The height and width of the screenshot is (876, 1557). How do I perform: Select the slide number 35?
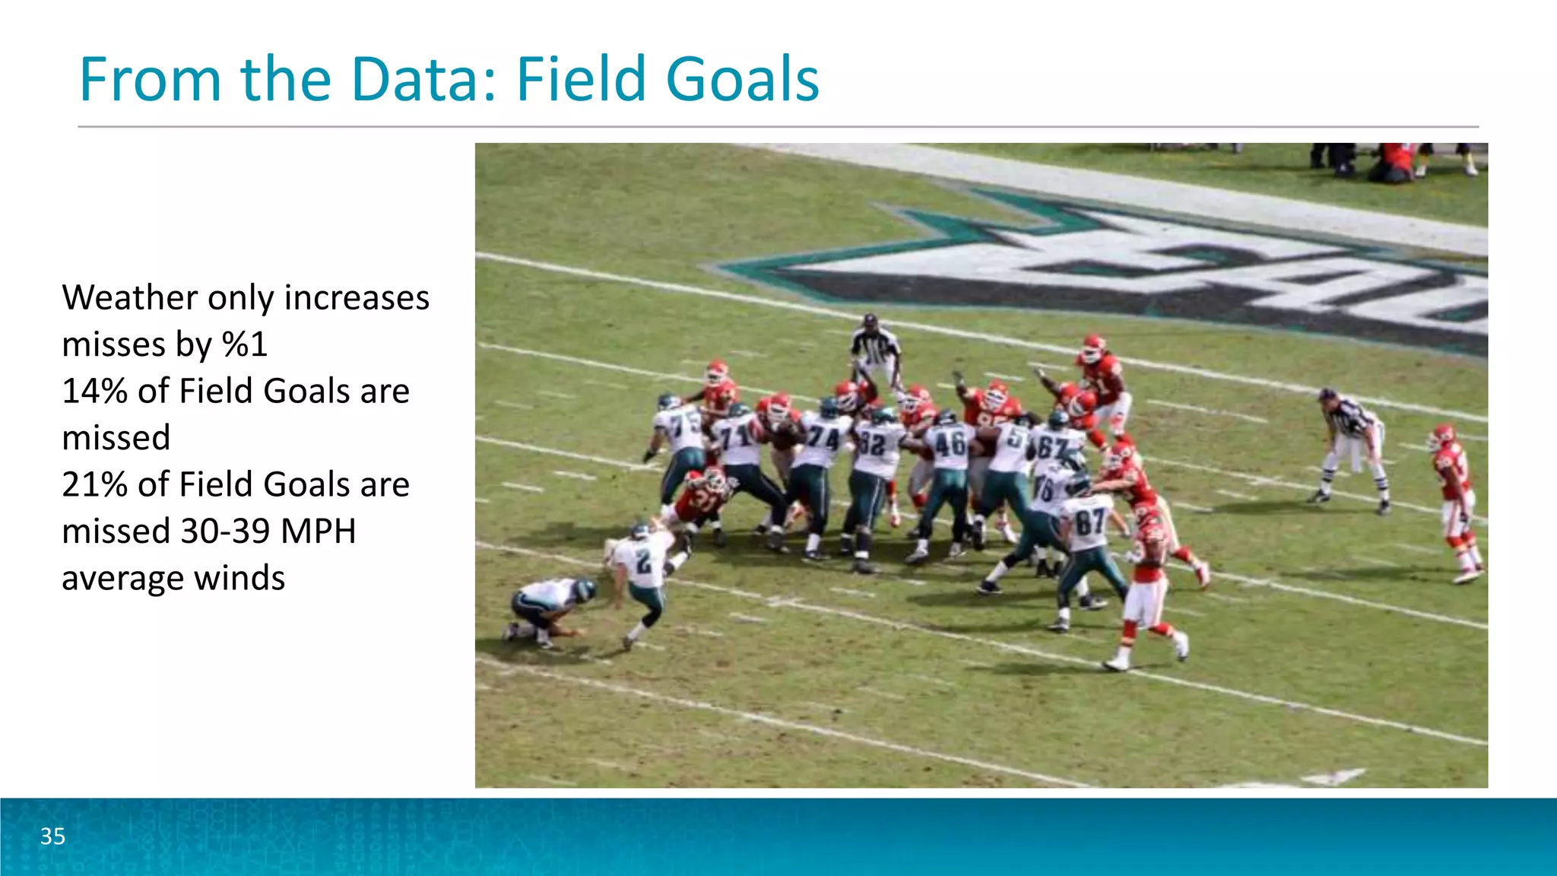point(53,836)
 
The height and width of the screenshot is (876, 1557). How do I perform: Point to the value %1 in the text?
point(245,344)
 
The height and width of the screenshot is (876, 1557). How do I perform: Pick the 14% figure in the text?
point(94,391)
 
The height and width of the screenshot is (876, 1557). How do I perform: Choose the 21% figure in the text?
point(94,484)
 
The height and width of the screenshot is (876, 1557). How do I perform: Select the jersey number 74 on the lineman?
point(823,439)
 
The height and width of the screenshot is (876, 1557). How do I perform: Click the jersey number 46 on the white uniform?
point(950,444)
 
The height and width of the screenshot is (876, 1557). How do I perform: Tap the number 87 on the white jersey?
point(1089,523)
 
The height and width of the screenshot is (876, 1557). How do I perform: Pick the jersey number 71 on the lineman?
point(737,437)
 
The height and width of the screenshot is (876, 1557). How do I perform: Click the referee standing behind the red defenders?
point(875,351)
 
